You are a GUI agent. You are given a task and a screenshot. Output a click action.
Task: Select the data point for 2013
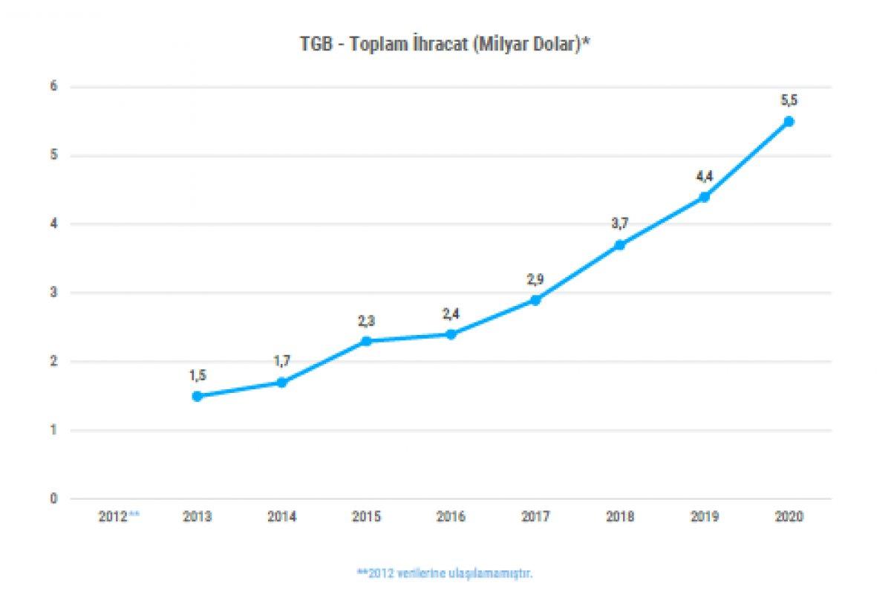pos(197,396)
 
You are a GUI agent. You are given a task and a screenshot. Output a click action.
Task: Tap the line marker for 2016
pos(451,334)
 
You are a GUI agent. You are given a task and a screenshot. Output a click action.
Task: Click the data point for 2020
pos(789,121)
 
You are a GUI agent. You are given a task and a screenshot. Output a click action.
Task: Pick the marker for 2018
pos(620,245)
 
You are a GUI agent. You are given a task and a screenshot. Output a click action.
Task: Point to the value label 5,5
pos(789,100)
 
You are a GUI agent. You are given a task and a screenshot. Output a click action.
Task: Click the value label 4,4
pos(704,176)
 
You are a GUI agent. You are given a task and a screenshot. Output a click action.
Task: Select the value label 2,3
pos(366,320)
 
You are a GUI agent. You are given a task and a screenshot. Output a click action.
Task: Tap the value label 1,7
pos(281,361)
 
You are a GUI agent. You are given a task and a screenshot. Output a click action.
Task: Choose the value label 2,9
pos(535,279)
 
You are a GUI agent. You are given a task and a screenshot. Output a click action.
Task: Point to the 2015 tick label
pos(366,517)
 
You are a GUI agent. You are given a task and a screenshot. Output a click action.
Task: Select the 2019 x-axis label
pos(704,517)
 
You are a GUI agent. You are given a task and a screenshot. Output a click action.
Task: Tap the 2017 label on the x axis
pos(535,517)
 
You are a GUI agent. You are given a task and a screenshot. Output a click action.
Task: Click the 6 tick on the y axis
pos(53,87)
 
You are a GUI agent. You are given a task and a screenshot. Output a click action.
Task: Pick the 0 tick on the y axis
pos(53,499)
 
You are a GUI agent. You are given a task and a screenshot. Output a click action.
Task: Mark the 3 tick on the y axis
pos(53,293)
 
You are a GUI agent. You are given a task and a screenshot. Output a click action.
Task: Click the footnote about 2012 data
pos(445,573)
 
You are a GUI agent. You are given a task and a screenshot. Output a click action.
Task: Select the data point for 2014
pos(281,382)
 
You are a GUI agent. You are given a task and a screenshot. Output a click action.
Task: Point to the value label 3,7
pos(620,224)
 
